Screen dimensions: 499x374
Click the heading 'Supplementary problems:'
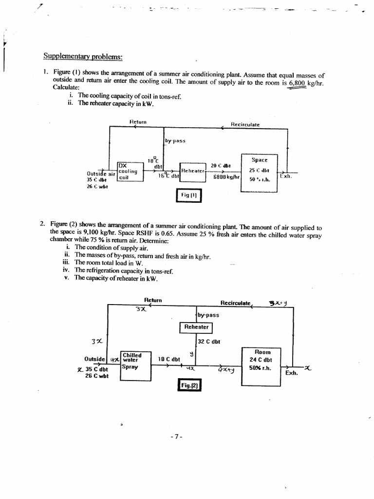click(82, 56)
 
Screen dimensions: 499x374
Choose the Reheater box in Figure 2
click(196, 327)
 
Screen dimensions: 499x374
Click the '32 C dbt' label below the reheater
click(209, 342)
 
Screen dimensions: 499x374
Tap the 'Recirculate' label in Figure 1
click(245, 124)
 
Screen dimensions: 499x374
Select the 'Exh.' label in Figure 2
click(292, 373)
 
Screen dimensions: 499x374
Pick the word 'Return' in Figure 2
click(153, 300)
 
